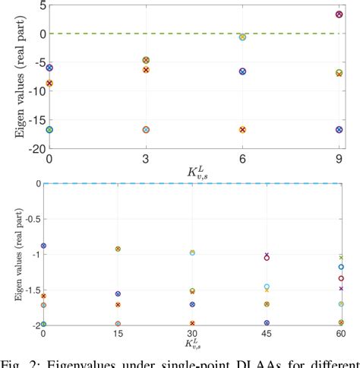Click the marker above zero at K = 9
pos(339,14)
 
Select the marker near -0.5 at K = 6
pos(242,36)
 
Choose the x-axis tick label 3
pos(145,159)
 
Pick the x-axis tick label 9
pos(339,159)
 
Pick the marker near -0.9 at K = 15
pos(118,249)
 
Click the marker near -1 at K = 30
pos(192,252)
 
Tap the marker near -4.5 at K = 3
pos(145,60)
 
